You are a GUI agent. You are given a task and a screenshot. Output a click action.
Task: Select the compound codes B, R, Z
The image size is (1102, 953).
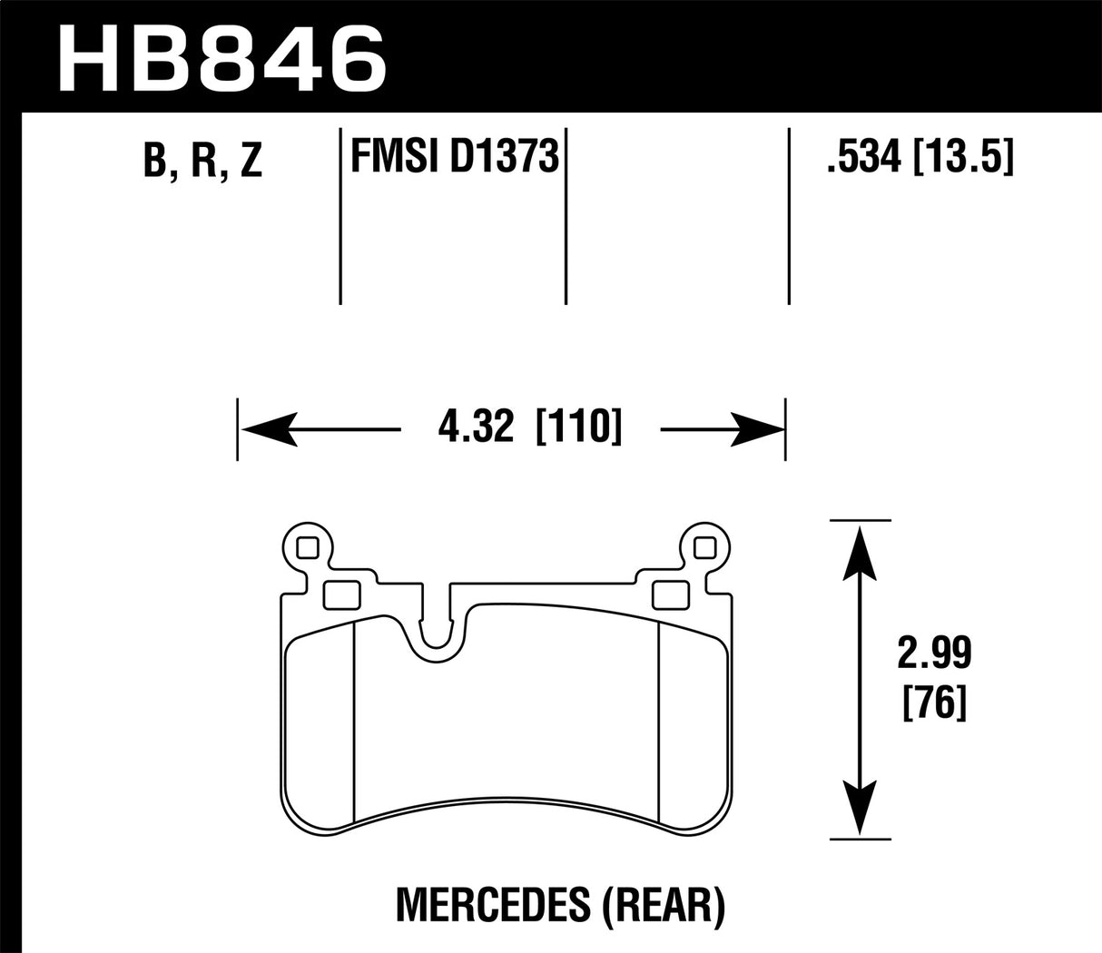(x=202, y=160)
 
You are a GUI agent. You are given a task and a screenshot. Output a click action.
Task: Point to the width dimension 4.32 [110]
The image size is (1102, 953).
(x=529, y=427)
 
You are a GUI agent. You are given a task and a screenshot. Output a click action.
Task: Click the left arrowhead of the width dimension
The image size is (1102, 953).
(x=268, y=427)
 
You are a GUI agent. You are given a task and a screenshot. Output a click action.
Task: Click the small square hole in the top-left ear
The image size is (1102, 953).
(x=307, y=547)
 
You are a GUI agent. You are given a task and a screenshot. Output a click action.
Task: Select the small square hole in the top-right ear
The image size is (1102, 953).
(x=704, y=547)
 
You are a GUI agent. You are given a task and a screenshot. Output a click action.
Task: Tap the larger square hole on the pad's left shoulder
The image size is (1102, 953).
(x=341, y=594)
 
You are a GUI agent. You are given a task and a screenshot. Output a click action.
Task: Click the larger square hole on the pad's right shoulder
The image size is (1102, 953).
(x=669, y=594)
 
